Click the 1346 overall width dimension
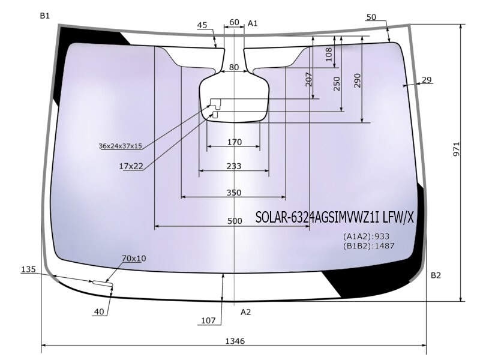(x=235, y=341)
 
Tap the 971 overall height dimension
(x=456, y=149)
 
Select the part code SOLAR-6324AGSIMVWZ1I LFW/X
(x=334, y=217)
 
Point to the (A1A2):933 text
(x=366, y=236)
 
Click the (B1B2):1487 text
(x=368, y=245)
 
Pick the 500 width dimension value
(x=235, y=221)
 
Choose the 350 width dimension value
(x=234, y=193)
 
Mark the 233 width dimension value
(x=234, y=166)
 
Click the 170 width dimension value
(x=235, y=142)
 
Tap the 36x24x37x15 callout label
(x=121, y=146)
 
